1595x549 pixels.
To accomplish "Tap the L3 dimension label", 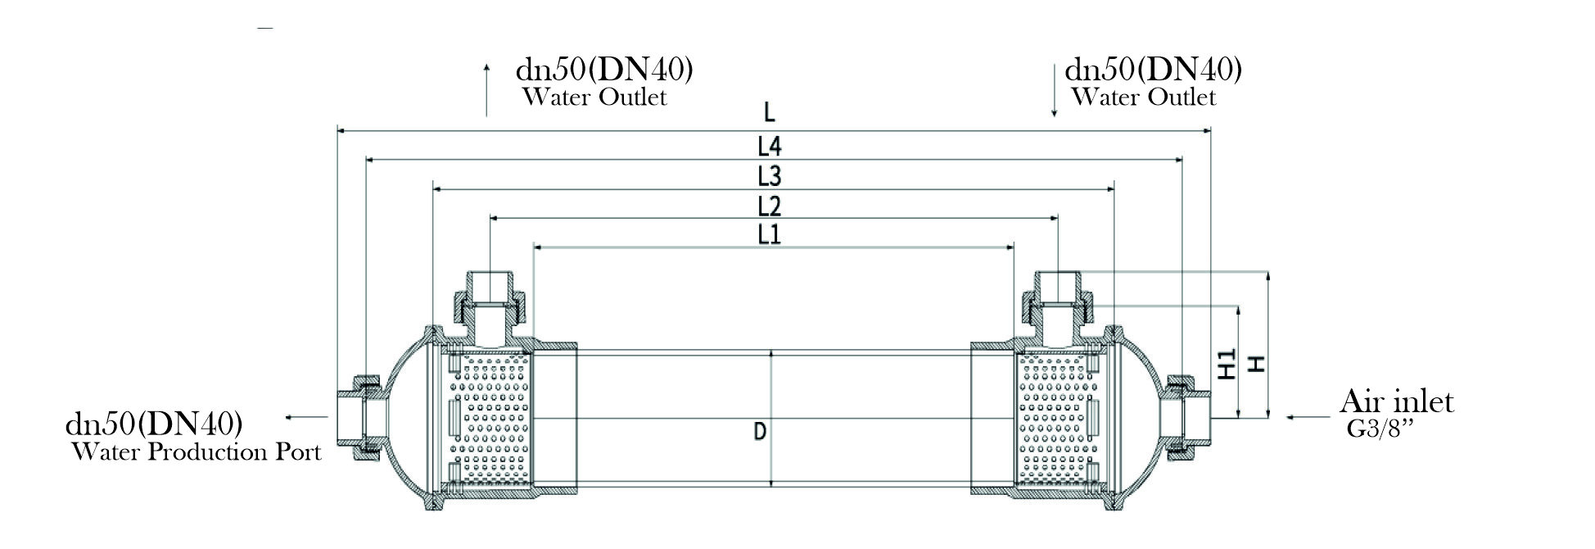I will click(x=770, y=175).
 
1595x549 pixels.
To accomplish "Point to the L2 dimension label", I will click(x=770, y=205).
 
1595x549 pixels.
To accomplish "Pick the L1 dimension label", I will click(x=770, y=234).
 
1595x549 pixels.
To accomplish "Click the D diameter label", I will click(x=760, y=431).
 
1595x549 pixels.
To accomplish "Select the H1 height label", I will click(x=1227, y=364).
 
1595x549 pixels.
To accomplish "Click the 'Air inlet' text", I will click(x=1396, y=402).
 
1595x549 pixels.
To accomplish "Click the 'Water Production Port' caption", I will click(x=197, y=451).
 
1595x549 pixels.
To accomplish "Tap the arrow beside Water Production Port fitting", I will click(x=305, y=417).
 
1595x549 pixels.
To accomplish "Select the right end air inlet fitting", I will click(x=1186, y=417).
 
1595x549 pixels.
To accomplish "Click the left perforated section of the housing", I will click(x=490, y=418).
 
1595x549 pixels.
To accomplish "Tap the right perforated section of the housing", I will click(x=1055, y=418).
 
